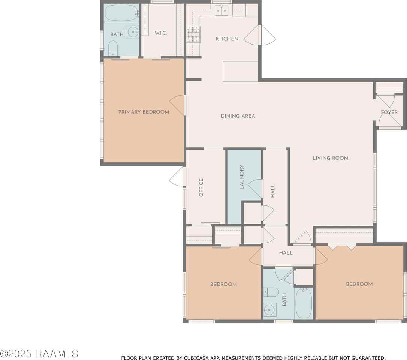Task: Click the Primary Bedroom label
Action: [144, 112]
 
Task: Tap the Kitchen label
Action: [227, 39]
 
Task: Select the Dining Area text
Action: [238, 116]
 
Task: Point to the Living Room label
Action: [331, 158]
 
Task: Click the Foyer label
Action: [389, 112]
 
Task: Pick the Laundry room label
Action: [242, 177]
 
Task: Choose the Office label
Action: [201, 187]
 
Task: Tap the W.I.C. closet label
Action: [161, 33]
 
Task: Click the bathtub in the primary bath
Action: [121, 13]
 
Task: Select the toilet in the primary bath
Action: [113, 48]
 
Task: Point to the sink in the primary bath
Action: [133, 32]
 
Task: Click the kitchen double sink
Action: [221, 10]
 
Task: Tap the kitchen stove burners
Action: [193, 34]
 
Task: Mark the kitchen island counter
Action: [240, 71]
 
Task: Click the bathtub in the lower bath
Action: [304, 303]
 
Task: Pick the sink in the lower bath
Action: [270, 310]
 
